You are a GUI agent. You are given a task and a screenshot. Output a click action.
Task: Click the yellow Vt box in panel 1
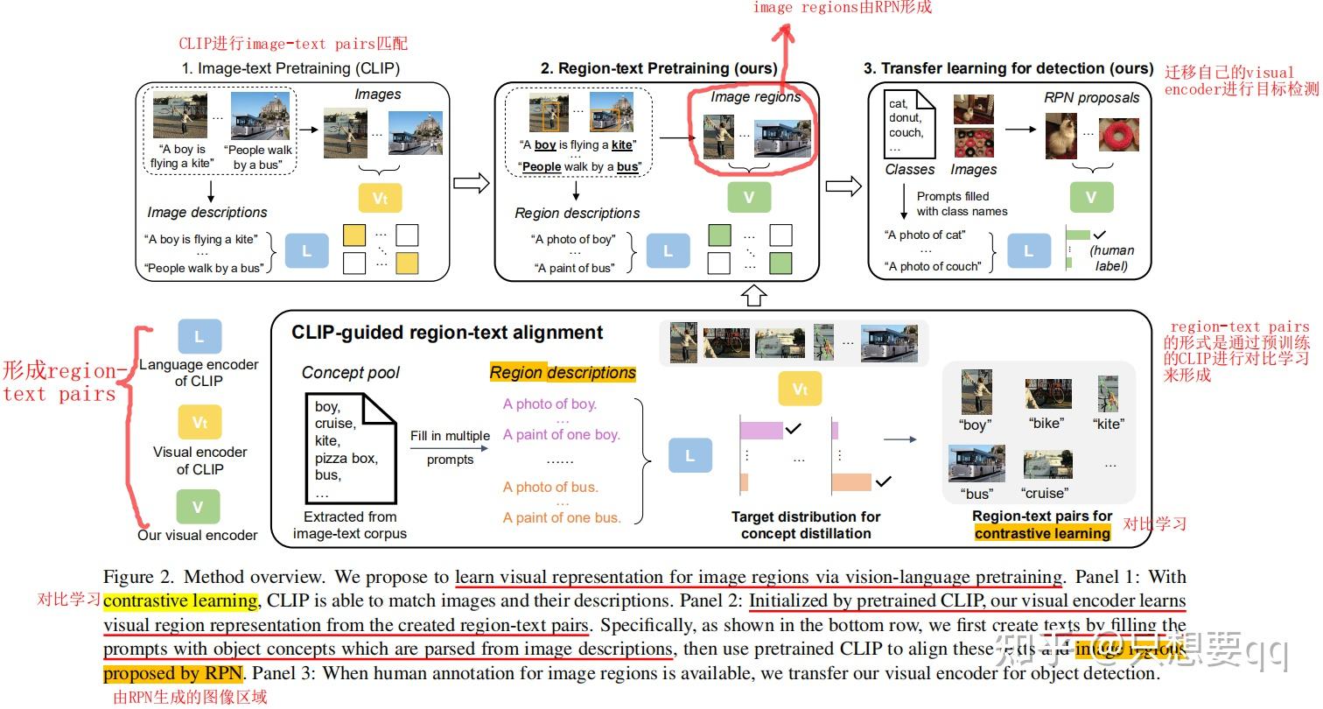click(x=380, y=198)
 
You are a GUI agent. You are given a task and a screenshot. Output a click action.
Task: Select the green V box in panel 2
click(x=748, y=198)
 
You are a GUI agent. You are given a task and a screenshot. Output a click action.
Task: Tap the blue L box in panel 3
click(x=1028, y=251)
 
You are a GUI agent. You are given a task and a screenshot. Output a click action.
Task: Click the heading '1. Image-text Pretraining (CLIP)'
click(x=290, y=68)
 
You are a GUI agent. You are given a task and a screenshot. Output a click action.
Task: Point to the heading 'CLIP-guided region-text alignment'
click(x=447, y=333)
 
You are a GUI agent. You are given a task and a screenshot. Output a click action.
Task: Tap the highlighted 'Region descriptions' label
click(x=563, y=373)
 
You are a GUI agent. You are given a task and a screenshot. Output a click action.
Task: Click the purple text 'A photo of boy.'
click(x=549, y=404)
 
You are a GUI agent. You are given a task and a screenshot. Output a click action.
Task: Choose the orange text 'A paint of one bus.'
click(x=562, y=517)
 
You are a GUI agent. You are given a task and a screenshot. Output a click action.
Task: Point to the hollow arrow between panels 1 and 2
click(x=472, y=184)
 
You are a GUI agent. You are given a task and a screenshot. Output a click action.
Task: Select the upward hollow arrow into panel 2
click(x=753, y=295)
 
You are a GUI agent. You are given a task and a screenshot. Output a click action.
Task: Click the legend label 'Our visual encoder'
click(x=198, y=535)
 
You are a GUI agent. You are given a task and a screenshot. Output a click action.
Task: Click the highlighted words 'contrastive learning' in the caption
click(x=180, y=601)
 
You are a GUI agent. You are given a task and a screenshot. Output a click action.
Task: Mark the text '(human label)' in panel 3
click(x=1110, y=258)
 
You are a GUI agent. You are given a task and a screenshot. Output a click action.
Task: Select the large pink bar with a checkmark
click(x=760, y=430)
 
